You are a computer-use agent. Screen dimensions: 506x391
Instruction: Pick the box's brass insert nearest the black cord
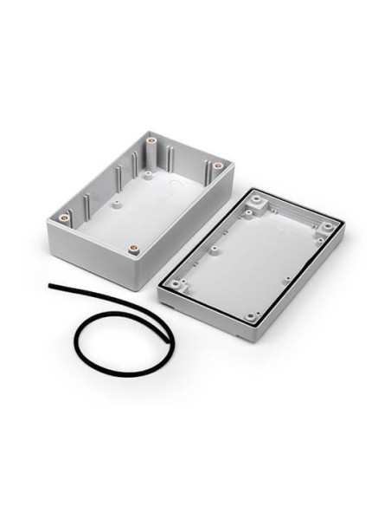[133, 249]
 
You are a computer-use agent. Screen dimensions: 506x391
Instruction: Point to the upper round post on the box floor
[148, 174]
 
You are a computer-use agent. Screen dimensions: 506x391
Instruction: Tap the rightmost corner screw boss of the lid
[327, 228]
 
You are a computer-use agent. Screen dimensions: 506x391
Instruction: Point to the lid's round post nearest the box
[213, 250]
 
